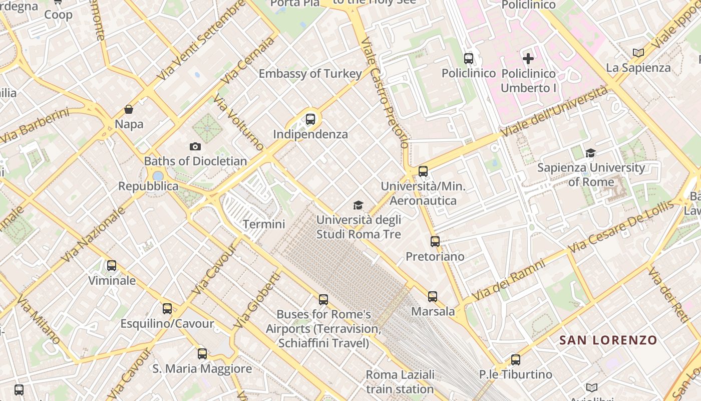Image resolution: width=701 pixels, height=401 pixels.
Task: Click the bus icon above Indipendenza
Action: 310,119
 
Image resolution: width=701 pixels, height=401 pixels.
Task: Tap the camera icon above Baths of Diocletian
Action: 195,146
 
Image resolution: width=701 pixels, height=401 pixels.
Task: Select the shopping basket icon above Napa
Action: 129,109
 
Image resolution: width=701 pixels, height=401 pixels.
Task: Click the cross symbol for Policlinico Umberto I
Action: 528,59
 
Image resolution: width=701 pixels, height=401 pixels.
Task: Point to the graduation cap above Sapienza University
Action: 591,153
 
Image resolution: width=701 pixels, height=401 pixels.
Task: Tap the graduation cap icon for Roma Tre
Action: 358,205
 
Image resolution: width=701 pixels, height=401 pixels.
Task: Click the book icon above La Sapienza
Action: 638,53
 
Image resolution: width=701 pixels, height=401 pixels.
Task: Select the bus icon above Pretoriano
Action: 435,242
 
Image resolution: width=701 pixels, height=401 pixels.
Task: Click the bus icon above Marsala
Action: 433,297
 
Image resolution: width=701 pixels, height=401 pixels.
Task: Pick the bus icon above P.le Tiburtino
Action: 515,359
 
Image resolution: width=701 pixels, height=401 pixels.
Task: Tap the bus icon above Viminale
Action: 112,266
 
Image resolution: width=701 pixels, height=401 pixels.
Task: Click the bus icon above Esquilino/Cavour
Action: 167,309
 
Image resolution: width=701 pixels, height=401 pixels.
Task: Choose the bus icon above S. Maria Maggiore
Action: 202,354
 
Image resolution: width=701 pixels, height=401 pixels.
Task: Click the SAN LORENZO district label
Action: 608,340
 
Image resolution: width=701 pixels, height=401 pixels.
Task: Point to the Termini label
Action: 264,224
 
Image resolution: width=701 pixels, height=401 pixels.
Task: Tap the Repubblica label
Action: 148,186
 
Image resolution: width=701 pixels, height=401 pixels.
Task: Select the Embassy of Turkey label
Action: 310,74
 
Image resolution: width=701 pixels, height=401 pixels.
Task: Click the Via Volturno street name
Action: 238,122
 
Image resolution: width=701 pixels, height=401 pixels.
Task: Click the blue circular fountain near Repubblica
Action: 158,176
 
